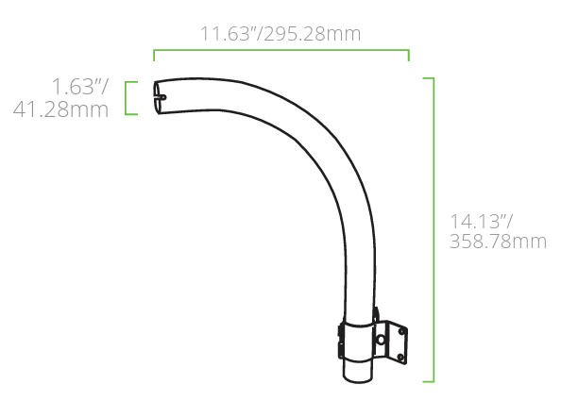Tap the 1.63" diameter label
tap(79, 88)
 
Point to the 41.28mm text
tap(60, 109)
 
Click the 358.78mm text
tap(499, 242)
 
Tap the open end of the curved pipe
tap(160, 96)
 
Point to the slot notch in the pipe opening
tap(161, 94)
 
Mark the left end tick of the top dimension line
tap(154, 54)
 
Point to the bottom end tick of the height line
tap(428, 381)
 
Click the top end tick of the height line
tap(428, 77)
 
